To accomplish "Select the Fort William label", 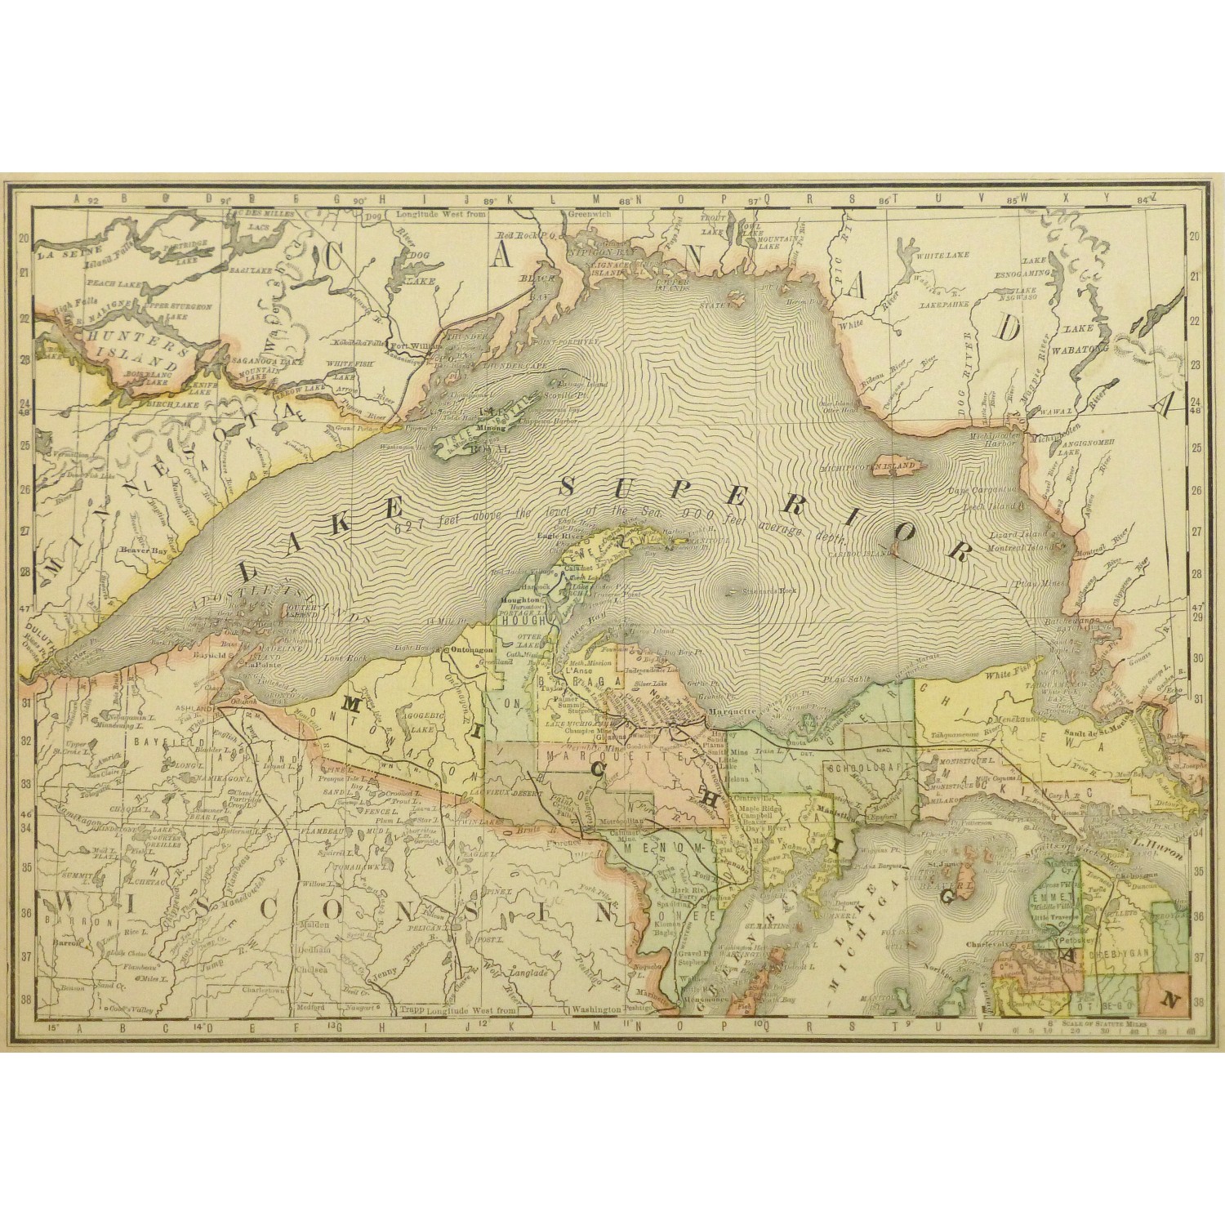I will pyautogui.click(x=411, y=345).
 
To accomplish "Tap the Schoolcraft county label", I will pyautogui.click(x=861, y=769).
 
